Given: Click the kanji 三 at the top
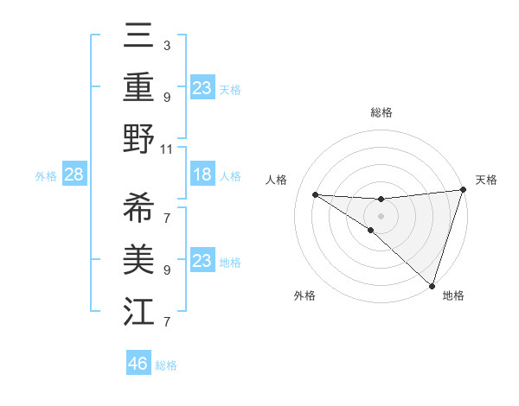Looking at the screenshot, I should (x=138, y=38).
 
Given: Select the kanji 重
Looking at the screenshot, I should (x=138, y=87).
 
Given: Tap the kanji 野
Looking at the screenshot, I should (x=138, y=140).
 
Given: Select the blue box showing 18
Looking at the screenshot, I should (x=202, y=175).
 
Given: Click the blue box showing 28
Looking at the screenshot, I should (x=74, y=175).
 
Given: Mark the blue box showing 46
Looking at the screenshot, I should (x=138, y=364).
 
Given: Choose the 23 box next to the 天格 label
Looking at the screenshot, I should (x=202, y=87).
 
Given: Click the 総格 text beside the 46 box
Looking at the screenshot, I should (x=166, y=365).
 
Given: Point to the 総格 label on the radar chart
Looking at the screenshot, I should (x=381, y=112).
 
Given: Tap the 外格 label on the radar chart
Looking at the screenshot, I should (x=304, y=295).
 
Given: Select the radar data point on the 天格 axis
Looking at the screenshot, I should (x=463, y=190).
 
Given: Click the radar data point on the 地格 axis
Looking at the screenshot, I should (x=432, y=285).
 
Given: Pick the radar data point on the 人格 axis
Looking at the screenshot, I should (x=316, y=194).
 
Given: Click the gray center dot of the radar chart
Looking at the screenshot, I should (x=381, y=215).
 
